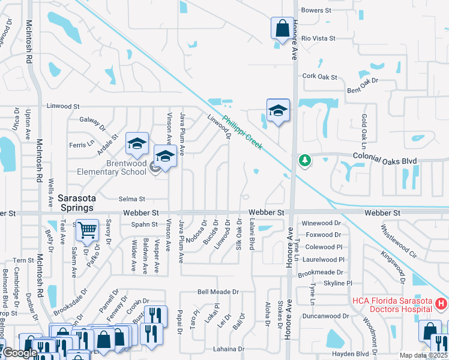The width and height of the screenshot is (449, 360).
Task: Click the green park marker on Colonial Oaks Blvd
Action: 305,160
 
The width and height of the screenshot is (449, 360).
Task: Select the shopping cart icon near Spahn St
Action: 88,231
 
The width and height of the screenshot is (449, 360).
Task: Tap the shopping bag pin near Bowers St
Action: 282,29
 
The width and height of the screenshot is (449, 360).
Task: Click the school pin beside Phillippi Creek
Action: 278,112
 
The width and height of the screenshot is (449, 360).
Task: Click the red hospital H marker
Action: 441,304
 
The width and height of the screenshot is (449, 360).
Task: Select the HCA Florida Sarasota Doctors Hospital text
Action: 392,304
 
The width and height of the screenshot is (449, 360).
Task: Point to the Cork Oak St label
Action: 319,76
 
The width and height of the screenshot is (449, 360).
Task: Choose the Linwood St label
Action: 63,106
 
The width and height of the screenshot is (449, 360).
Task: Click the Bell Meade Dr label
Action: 218,292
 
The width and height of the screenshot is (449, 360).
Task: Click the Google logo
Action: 20,353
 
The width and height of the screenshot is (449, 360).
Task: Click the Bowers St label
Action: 316,10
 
